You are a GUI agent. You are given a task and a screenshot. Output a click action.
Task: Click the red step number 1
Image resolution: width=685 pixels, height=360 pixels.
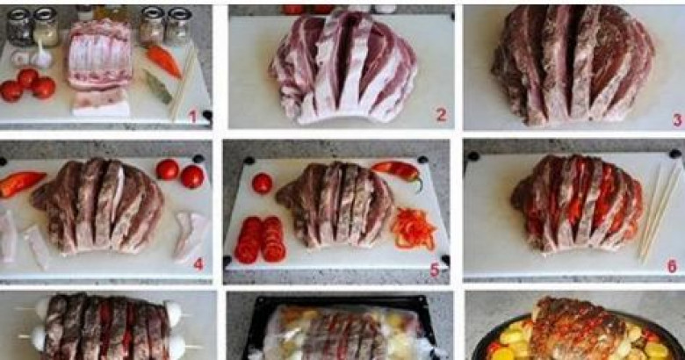click(192, 117)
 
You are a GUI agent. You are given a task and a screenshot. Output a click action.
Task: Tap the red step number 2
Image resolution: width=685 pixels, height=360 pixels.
click(441, 115)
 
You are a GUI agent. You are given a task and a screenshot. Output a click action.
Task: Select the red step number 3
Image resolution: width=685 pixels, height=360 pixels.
click(678, 119)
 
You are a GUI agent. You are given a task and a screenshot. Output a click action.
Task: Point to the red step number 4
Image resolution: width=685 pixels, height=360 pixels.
click(198, 264)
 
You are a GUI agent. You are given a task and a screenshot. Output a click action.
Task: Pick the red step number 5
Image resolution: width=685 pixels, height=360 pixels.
click(434, 270)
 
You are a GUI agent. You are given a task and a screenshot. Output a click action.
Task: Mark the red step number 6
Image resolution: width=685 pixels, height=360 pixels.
click(673, 266)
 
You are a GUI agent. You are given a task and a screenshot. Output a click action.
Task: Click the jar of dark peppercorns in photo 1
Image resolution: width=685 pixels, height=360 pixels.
click(18, 27)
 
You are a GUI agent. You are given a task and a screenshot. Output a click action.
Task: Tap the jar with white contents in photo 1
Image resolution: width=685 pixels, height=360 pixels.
click(46, 27)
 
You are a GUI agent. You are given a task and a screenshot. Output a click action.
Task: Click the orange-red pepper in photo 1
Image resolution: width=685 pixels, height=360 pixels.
click(164, 61)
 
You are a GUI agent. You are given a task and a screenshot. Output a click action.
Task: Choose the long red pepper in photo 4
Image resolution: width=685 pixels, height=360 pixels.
click(21, 183)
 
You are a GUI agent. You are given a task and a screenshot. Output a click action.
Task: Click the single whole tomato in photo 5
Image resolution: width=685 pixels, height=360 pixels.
click(262, 183)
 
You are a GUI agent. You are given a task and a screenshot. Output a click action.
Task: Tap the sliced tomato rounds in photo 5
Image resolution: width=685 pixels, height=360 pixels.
click(259, 240)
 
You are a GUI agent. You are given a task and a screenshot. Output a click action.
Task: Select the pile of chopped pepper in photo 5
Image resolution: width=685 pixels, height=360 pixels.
click(414, 228)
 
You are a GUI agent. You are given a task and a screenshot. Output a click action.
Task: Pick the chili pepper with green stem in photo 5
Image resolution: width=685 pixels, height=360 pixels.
click(398, 172)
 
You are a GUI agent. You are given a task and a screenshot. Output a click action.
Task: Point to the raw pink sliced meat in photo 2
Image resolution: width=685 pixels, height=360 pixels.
click(343, 66)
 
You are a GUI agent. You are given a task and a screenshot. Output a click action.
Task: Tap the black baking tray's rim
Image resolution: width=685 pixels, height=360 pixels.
click(336, 299)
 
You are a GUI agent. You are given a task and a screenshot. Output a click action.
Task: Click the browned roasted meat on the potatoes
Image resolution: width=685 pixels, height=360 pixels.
click(579, 328)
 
